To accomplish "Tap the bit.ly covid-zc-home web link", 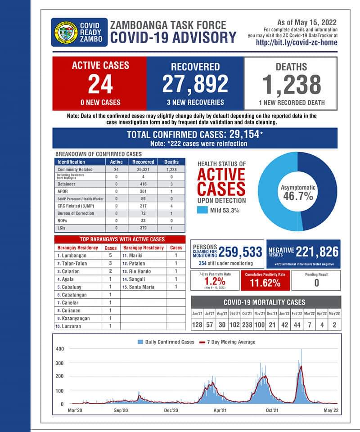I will tap(296, 43).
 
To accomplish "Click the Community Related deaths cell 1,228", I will tap(171, 170).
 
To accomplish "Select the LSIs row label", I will tap(62, 228).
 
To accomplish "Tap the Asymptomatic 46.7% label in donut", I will tap(297, 192).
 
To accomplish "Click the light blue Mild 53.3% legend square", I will tap(202, 210).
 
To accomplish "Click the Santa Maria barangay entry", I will tap(144, 287).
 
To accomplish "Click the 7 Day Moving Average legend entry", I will tap(231, 342).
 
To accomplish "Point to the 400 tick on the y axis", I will tap(60, 349).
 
